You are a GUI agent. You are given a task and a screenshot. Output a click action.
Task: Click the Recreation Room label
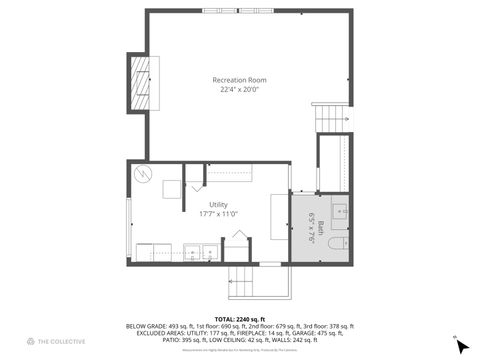point(239,80)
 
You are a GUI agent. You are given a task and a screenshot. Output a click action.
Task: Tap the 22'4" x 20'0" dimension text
point(239,89)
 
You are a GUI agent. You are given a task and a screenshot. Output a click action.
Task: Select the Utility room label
point(218,204)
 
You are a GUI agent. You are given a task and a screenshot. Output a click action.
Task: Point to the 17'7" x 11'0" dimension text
point(218,213)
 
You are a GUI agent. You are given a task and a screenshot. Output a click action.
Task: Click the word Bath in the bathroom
point(322,227)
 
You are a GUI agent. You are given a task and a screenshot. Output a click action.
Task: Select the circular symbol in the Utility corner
point(143,173)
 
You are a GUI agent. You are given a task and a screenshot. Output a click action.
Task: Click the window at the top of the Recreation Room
point(238,11)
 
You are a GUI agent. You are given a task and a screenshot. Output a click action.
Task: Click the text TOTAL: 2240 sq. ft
point(239,318)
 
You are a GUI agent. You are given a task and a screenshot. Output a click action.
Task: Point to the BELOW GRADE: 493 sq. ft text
point(155,326)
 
